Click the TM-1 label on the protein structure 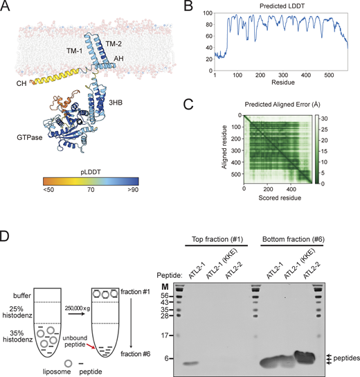75,51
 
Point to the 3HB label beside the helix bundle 116,103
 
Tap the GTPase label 30,137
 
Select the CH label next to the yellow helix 21,83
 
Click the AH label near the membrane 118,58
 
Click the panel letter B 188,6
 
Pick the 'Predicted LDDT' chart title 282,6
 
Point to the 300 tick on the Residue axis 283,76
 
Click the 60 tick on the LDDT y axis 208,36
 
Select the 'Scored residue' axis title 280,198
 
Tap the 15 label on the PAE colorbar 324,151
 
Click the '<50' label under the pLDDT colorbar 48,190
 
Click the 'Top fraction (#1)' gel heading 217,240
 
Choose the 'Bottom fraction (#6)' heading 294,240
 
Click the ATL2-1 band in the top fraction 191,363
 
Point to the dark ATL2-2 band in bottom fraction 305,357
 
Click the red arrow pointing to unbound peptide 90,346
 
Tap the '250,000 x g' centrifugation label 78,308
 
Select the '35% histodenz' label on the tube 17,336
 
